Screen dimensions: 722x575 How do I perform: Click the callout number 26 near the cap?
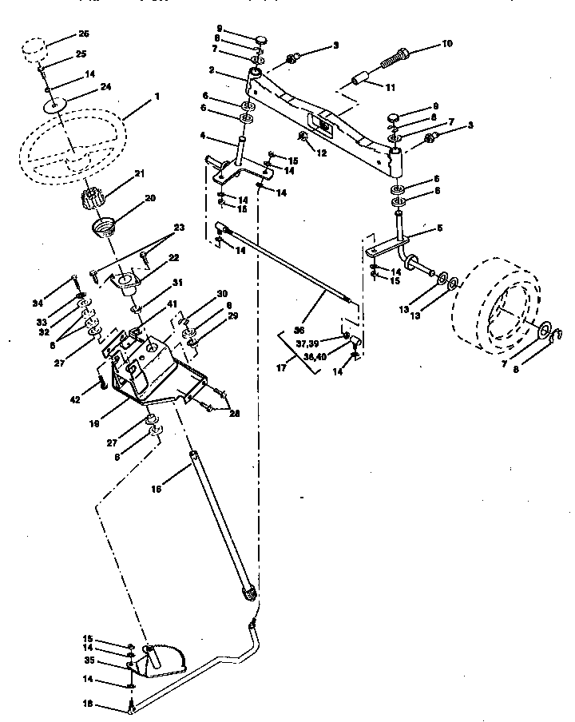click(84, 34)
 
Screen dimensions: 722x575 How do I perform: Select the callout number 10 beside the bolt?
click(447, 44)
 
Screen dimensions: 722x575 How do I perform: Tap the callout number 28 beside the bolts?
click(234, 413)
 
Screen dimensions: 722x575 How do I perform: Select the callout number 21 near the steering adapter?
click(139, 173)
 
